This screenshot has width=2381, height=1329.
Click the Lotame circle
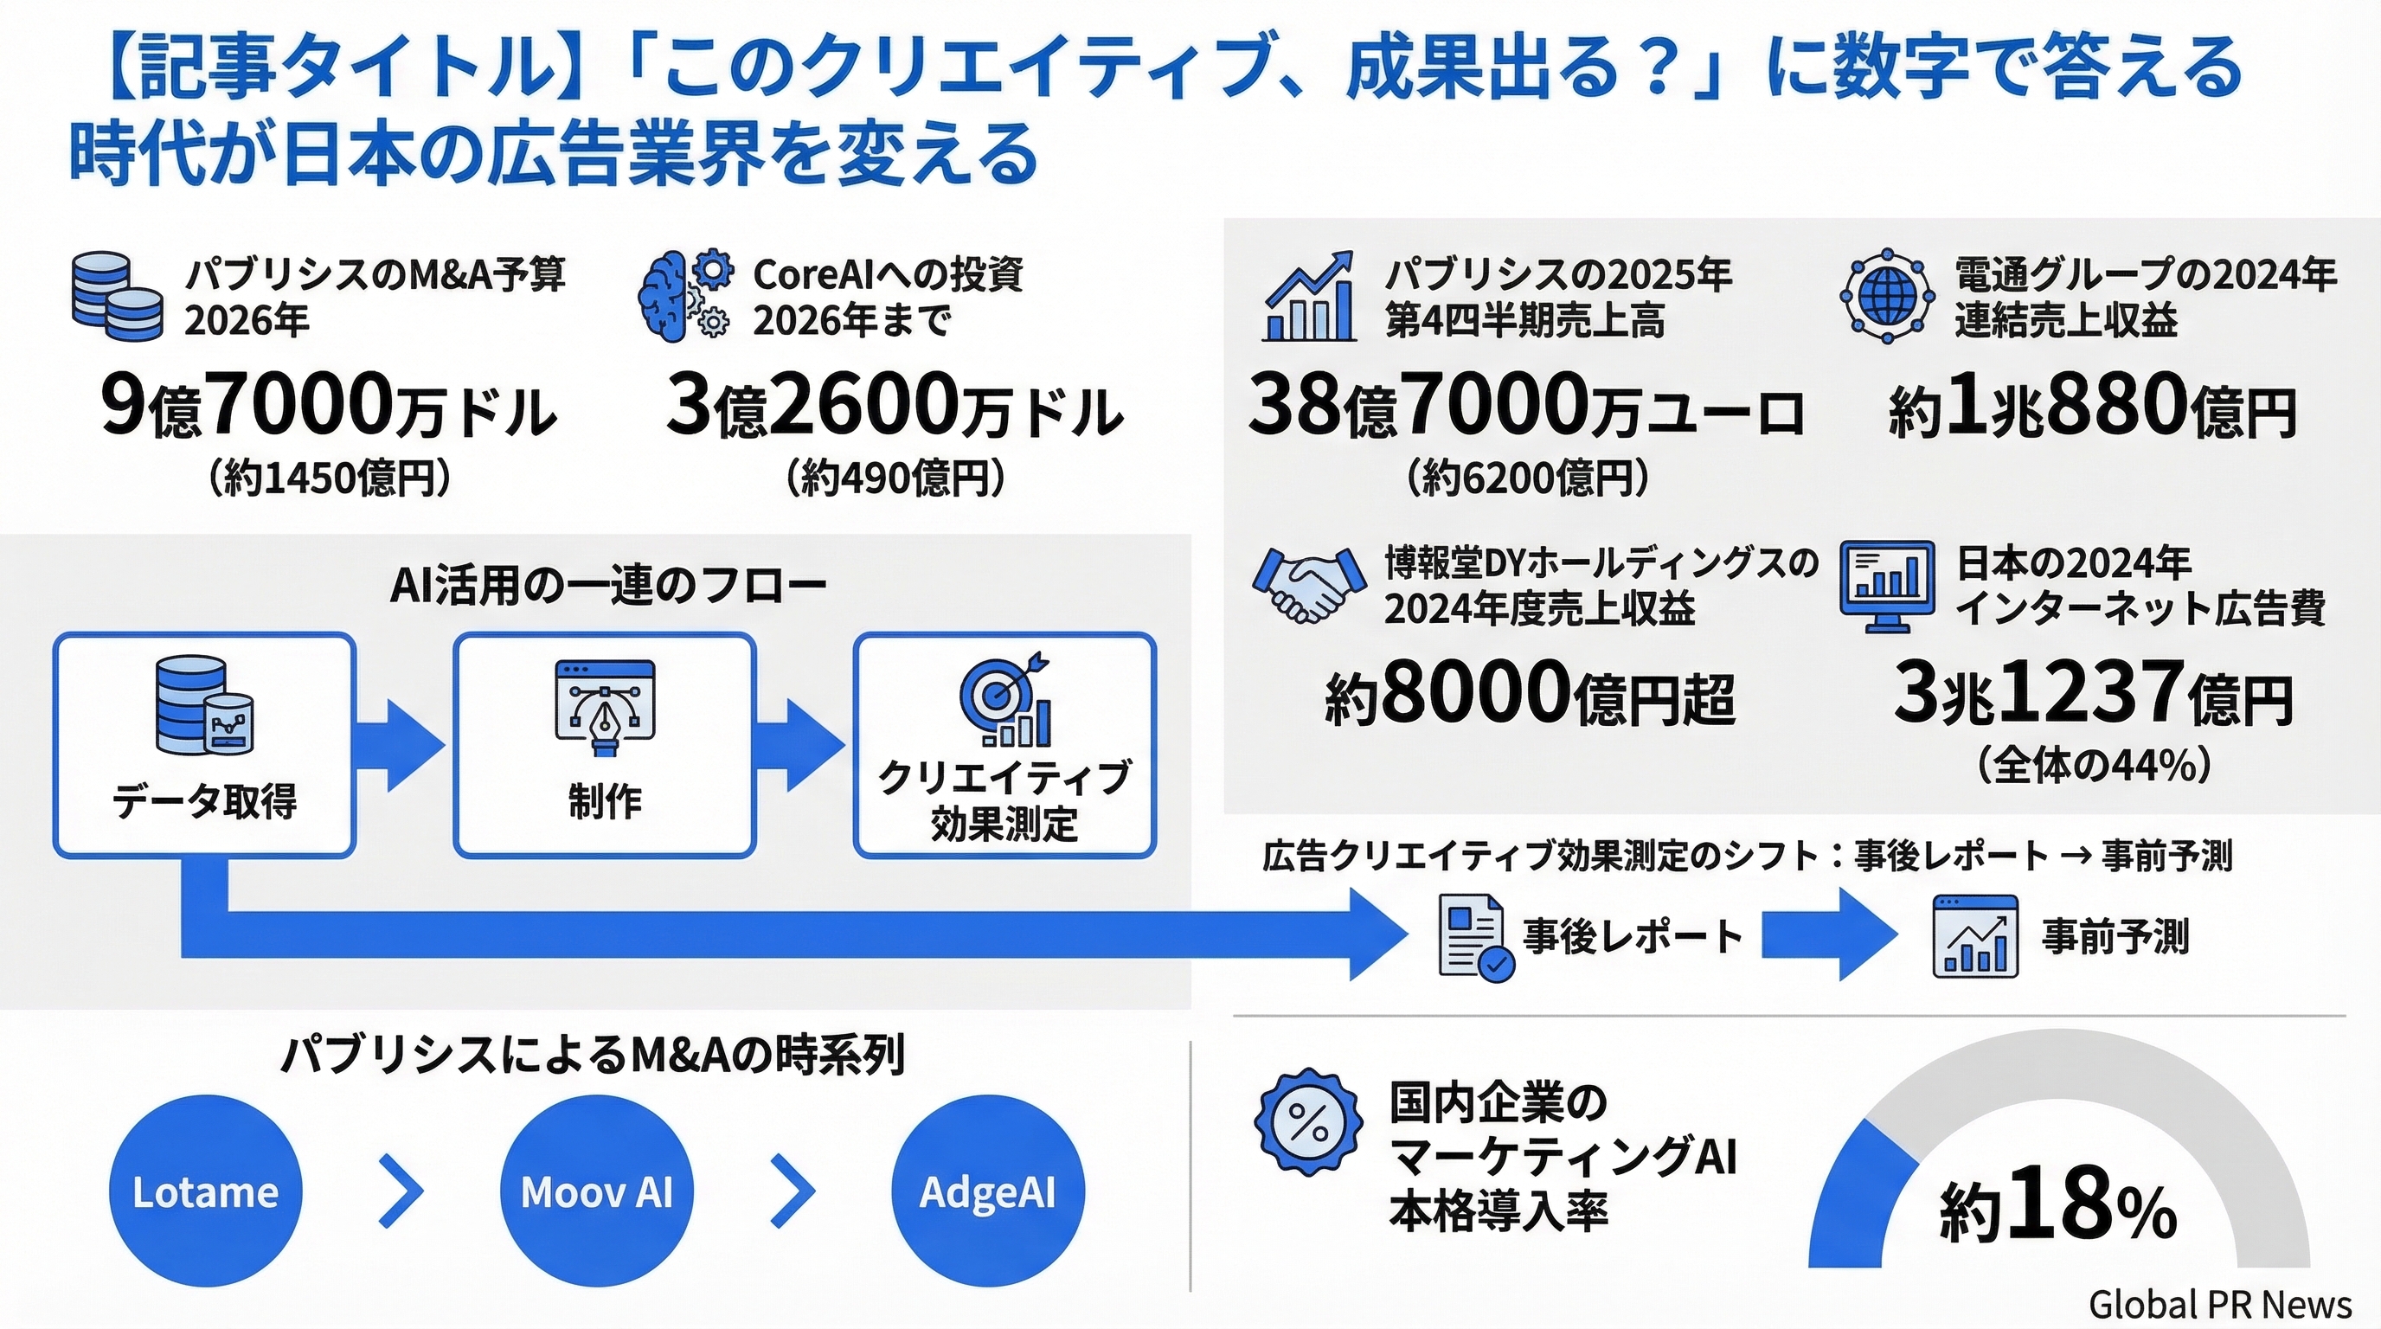click(x=205, y=1191)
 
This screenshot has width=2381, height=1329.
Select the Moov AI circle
click(x=596, y=1191)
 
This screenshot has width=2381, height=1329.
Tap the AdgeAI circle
click(x=987, y=1191)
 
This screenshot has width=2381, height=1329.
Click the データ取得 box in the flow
click(x=204, y=745)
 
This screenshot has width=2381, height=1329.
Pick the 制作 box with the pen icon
click(x=605, y=745)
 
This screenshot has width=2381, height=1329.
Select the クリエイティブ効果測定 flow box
click(x=1004, y=745)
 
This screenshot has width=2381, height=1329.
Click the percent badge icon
click(x=1308, y=1122)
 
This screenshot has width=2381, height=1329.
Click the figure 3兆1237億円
click(x=2093, y=695)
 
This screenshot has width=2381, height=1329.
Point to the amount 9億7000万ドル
click(x=329, y=407)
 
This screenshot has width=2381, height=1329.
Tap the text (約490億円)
click(x=895, y=478)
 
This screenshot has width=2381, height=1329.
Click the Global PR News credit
click(x=2219, y=1304)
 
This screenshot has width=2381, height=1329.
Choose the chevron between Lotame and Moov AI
click(x=401, y=1191)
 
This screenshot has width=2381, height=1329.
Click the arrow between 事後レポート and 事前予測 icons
click(x=1827, y=934)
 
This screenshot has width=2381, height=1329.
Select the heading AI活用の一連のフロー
click(x=607, y=586)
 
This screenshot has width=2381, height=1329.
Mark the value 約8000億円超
click(x=1530, y=695)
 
